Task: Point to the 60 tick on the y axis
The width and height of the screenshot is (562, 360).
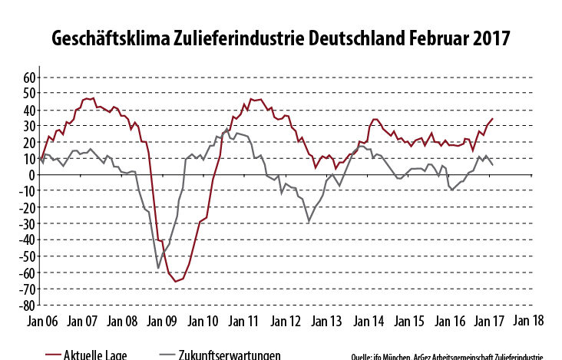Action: click(x=29, y=78)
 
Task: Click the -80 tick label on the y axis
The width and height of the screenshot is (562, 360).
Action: click(x=27, y=305)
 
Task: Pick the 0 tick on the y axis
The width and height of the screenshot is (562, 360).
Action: click(x=32, y=175)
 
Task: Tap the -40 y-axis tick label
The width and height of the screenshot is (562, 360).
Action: click(x=27, y=239)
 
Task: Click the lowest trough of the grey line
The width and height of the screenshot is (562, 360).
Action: click(x=158, y=268)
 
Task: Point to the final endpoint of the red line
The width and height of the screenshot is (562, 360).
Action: click(x=492, y=119)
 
